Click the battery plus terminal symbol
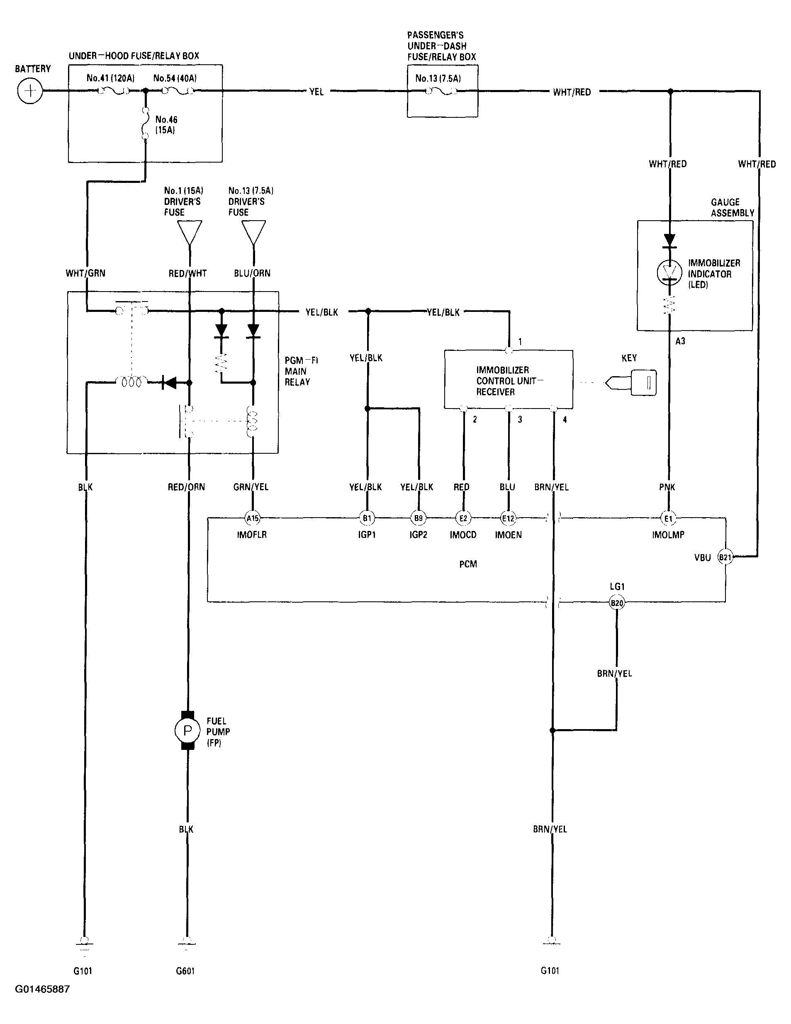point(30,90)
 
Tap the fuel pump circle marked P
point(187,730)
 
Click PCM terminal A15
point(252,518)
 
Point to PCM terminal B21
point(725,557)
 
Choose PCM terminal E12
point(508,518)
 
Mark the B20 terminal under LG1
point(616,603)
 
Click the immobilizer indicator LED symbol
point(669,272)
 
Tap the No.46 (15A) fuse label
point(166,125)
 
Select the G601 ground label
point(185,971)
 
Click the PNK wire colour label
point(667,487)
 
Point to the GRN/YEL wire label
point(251,487)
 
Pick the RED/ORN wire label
point(186,487)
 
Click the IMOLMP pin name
point(668,535)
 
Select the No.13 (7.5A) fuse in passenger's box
point(441,91)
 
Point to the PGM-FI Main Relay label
point(301,371)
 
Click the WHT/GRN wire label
point(85,273)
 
